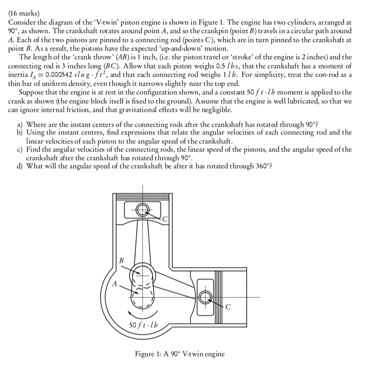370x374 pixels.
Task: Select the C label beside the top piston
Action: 165,219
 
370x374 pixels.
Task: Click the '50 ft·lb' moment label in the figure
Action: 142,324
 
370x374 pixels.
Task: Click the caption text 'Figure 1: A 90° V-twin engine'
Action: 180,354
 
